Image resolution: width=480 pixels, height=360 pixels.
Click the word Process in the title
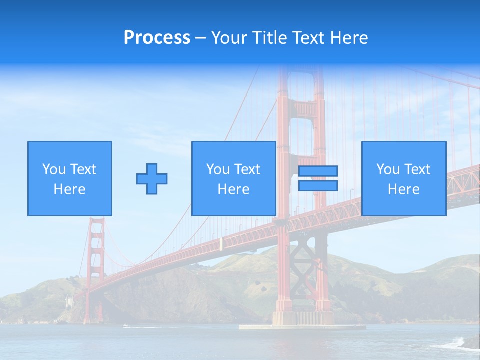point(157,38)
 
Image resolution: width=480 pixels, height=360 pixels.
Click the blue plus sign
point(152,179)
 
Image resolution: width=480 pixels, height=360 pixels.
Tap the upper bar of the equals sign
point(318,171)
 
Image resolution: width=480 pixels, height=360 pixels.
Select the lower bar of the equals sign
point(318,186)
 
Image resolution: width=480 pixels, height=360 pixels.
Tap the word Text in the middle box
point(247,169)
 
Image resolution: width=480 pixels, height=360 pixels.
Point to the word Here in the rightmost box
point(403,189)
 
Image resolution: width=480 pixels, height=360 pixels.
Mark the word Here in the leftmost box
point(69,189)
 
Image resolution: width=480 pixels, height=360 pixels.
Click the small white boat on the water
point(126,326)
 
